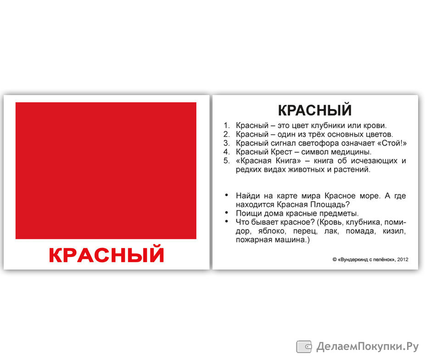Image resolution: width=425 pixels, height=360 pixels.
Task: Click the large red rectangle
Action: [106, 170]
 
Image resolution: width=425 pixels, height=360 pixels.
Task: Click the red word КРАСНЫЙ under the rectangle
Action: [106, 254]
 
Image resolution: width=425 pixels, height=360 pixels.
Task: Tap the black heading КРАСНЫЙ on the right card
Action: [315, 110]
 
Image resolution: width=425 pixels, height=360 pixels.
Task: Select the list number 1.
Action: [226, 125]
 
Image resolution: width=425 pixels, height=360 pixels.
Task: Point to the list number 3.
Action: [226, 143]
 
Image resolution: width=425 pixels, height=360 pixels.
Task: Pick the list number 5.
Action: [226, 161]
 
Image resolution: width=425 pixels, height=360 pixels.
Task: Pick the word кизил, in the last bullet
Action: [394, 231]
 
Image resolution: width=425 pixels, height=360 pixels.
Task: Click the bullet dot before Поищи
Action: [227, 213]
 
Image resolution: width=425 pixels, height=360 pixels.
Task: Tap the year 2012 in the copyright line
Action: [403, 259]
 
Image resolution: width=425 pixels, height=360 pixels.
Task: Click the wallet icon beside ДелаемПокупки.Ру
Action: [304, 347]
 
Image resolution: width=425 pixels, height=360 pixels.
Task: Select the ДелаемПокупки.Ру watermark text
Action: [367, 347]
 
